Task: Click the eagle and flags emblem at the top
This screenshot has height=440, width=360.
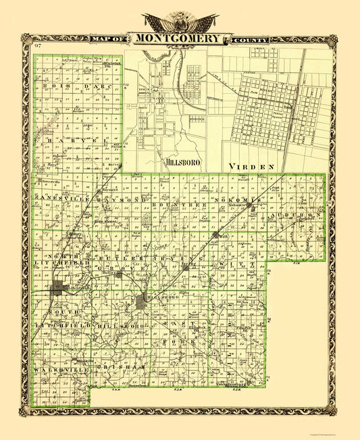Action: pyautogui.click(x=180, y=22)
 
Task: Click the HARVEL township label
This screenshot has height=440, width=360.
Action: pyautogui.click(x=72, y=139)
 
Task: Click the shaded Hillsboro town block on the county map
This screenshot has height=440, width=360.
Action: pyautogui.click(x=140, y=301)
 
